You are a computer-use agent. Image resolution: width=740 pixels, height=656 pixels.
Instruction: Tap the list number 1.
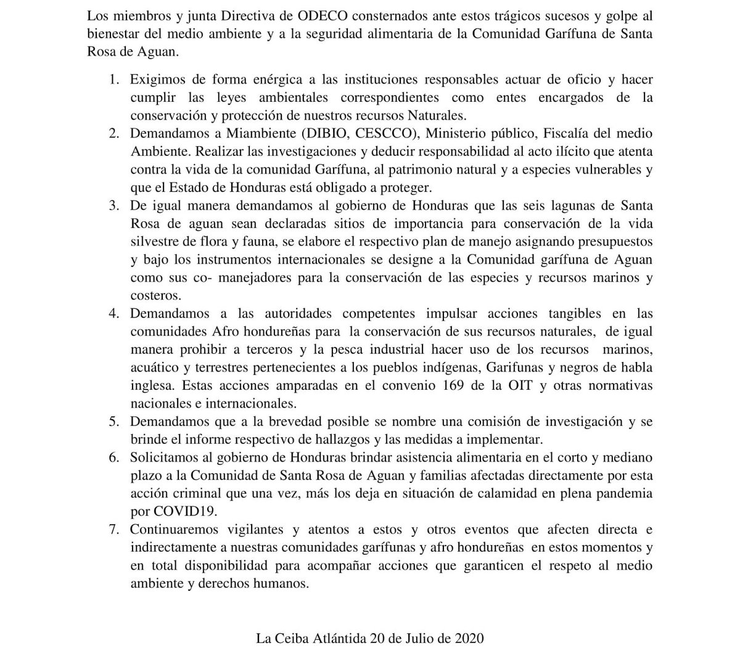(x=113, y=80)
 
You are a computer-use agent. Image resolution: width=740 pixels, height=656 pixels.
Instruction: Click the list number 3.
(x=113, y=205)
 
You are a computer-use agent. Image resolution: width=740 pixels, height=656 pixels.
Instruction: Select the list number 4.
(x=113, y=313)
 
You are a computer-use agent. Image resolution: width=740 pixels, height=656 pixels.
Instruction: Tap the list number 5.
(x=113, y=422)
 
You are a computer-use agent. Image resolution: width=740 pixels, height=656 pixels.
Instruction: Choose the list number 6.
(x=113, y=457)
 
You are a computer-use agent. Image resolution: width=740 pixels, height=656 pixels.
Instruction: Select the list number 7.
(x=113, y=530)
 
